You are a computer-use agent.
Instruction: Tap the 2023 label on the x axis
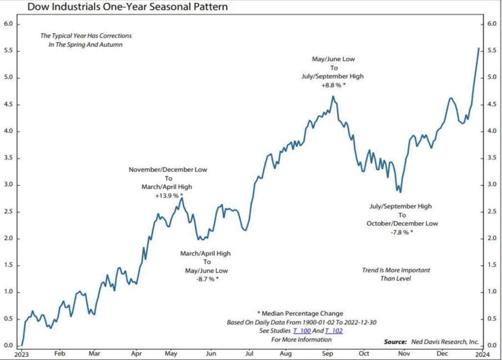pyautogui.click(x=22, y=353)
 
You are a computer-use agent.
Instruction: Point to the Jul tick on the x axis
pyautogui.click(x=249, y=353)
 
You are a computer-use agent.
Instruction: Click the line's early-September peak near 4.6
pyautogui.click(x=333, y=96)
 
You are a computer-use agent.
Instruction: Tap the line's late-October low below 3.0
pyautogui.click(x=400, y=192)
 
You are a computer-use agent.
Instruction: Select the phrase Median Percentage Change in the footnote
pyautogui.click(x=303, y=313)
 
